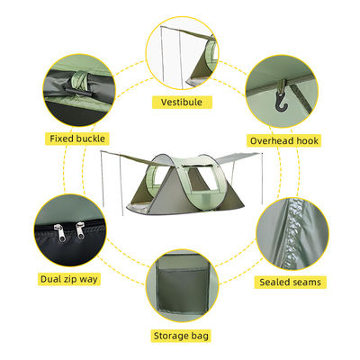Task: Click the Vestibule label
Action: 182,103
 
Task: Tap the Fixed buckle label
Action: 77,139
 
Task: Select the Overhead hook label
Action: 284,140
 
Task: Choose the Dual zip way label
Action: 69,279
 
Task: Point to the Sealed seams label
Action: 290,282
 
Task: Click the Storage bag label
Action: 181,336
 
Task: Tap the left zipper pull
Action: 59,233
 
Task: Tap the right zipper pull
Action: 80,230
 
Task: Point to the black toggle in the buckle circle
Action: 77,91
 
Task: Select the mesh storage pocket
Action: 183,290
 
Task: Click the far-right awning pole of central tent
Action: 263,179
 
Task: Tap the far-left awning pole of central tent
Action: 103,179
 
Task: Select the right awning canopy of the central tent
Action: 237,157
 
